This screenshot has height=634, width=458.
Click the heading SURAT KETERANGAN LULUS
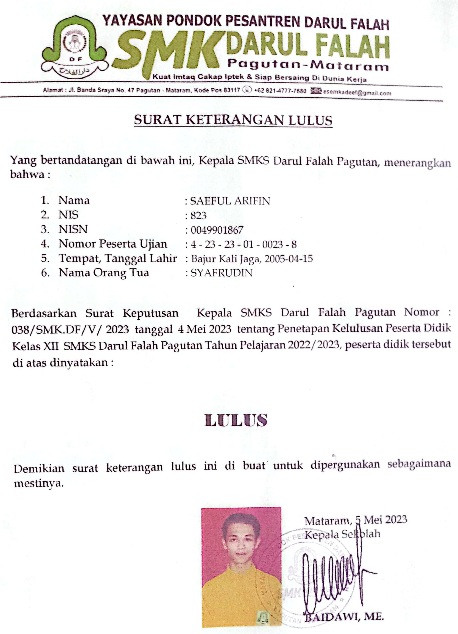coord(233,120)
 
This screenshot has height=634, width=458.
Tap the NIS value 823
coord(198,216)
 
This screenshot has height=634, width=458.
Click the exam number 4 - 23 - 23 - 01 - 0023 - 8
coord(244,245)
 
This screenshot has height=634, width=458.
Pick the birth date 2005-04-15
coord(288,259)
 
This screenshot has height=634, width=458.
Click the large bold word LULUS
coord(236,421)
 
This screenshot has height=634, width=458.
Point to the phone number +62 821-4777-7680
coord(280,91)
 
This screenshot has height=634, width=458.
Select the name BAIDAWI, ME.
coord(344,617)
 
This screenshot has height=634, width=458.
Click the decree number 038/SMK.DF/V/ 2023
coord(70,330)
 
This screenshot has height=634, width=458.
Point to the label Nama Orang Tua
coord(104,273)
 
